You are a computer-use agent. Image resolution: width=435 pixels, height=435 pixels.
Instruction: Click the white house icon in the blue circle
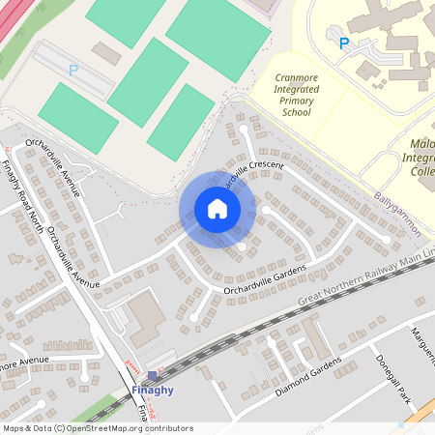[217, 209]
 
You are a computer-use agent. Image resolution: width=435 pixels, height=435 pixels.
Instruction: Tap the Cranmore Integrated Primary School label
[296, 94]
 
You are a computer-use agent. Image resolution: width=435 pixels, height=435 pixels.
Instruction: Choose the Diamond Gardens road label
[308, 378]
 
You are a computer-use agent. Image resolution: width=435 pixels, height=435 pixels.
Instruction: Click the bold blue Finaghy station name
[152, 391]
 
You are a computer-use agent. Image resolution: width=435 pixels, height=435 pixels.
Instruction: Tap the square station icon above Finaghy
[152, 375]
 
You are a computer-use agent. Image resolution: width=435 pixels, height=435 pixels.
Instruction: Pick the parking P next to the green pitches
[73, 70]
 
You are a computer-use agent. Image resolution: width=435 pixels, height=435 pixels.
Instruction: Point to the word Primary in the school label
[296, 100]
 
